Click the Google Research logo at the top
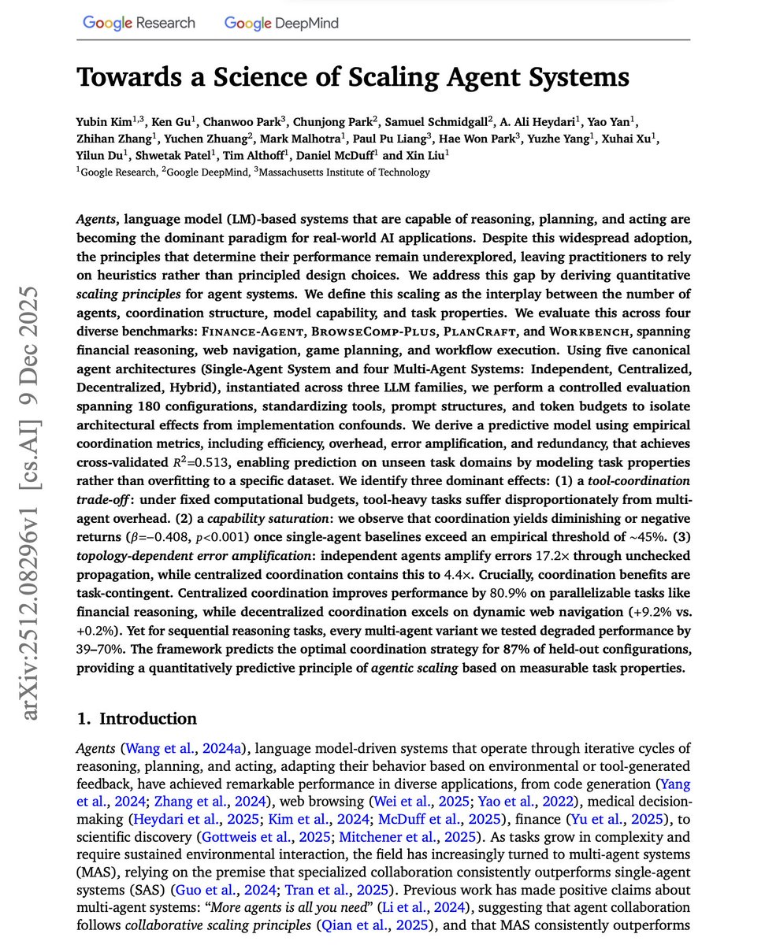(139, 23)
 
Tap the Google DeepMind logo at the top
(281, 23)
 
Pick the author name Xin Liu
(429, 156)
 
